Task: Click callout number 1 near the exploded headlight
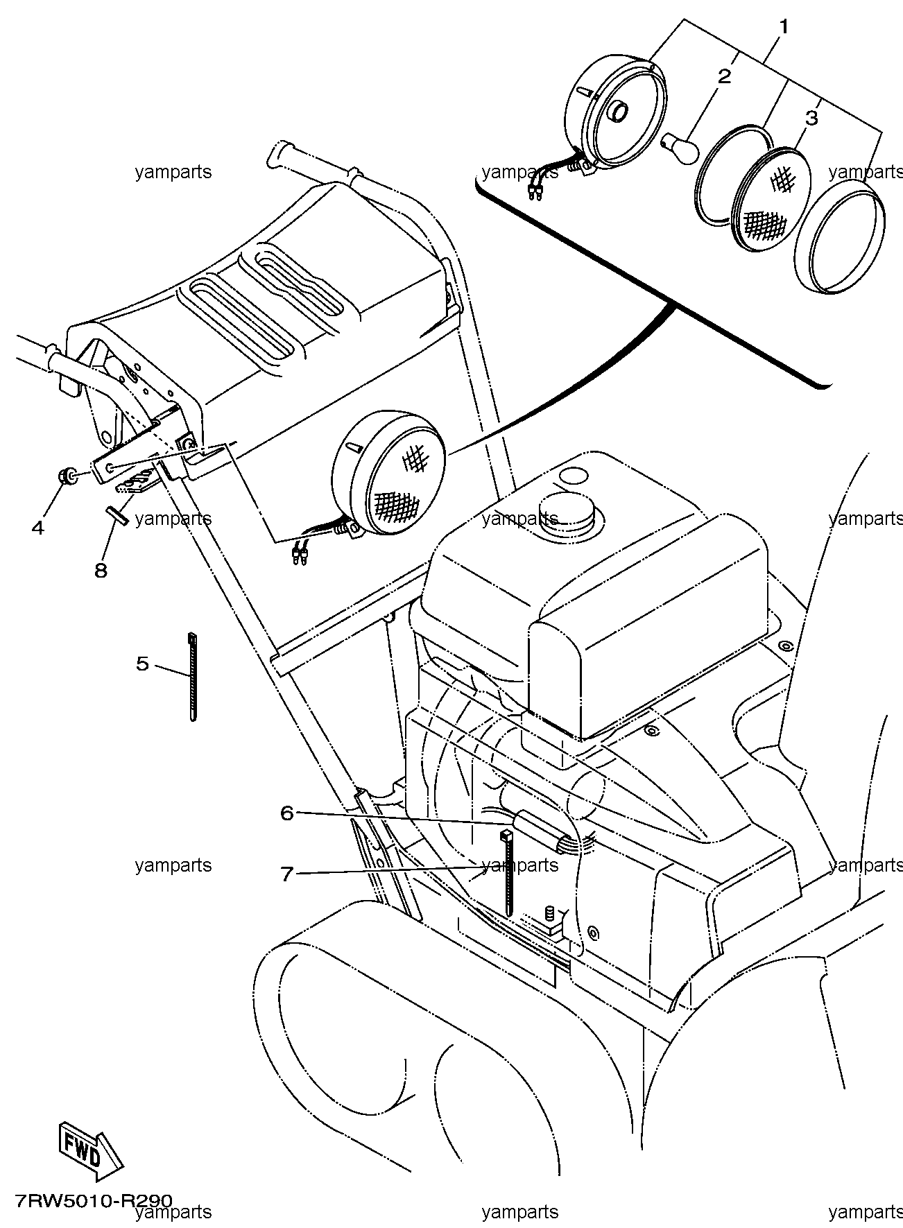click(784, 28)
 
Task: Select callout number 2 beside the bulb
click(724, 76)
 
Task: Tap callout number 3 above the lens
click(811, 118)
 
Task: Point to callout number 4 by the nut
click(38, 528)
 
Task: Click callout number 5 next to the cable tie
click(142, 664)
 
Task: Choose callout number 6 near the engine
click(287, 813)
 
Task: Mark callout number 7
click(287, 874)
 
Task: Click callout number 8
click(101, 570)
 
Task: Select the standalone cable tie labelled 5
click(192, 677)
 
